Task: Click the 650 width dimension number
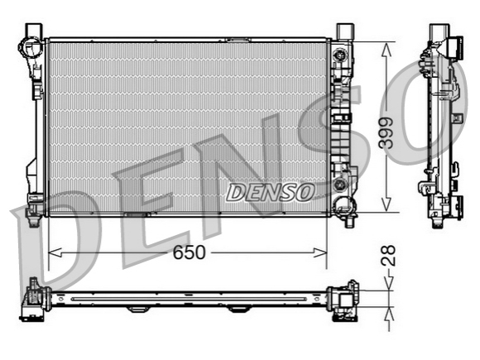(x=189, y=253)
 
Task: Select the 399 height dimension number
(x=386, y=133)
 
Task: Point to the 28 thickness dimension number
(x=388, y=255)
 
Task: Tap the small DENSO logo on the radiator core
(x=271, y=193)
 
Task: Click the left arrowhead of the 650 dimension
(x=55, y=253)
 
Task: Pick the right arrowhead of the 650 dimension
(x=320, y=253)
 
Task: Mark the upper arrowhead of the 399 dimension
(x=386, y=50)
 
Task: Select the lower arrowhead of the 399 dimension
(x=386, y=204)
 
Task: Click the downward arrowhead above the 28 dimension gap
(x=389, y=284)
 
